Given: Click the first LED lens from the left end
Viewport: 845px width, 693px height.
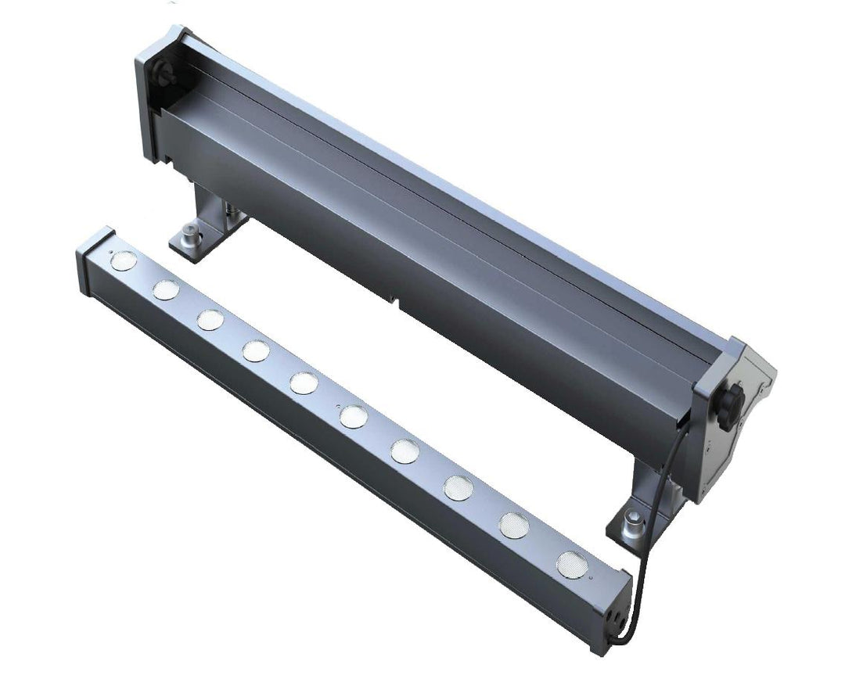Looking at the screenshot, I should point(123,260).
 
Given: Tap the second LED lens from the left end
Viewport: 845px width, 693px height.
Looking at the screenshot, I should point(165,289).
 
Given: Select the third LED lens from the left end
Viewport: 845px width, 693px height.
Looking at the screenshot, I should point(210,319).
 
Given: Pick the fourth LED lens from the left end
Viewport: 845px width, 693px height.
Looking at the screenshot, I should point(256,350).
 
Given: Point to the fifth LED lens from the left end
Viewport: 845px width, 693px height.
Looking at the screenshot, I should point(304,382).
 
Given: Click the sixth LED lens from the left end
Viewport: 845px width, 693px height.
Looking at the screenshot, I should point(353,416).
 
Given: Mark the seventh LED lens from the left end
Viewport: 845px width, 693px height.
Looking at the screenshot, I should point(405,451).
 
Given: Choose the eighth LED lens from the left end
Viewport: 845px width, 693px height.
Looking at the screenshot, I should point(458,487).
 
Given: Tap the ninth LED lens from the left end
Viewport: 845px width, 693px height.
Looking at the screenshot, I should point(514,524).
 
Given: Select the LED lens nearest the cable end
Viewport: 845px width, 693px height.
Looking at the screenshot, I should point(572,564).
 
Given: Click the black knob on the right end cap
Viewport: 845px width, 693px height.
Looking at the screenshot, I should point(730,406).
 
